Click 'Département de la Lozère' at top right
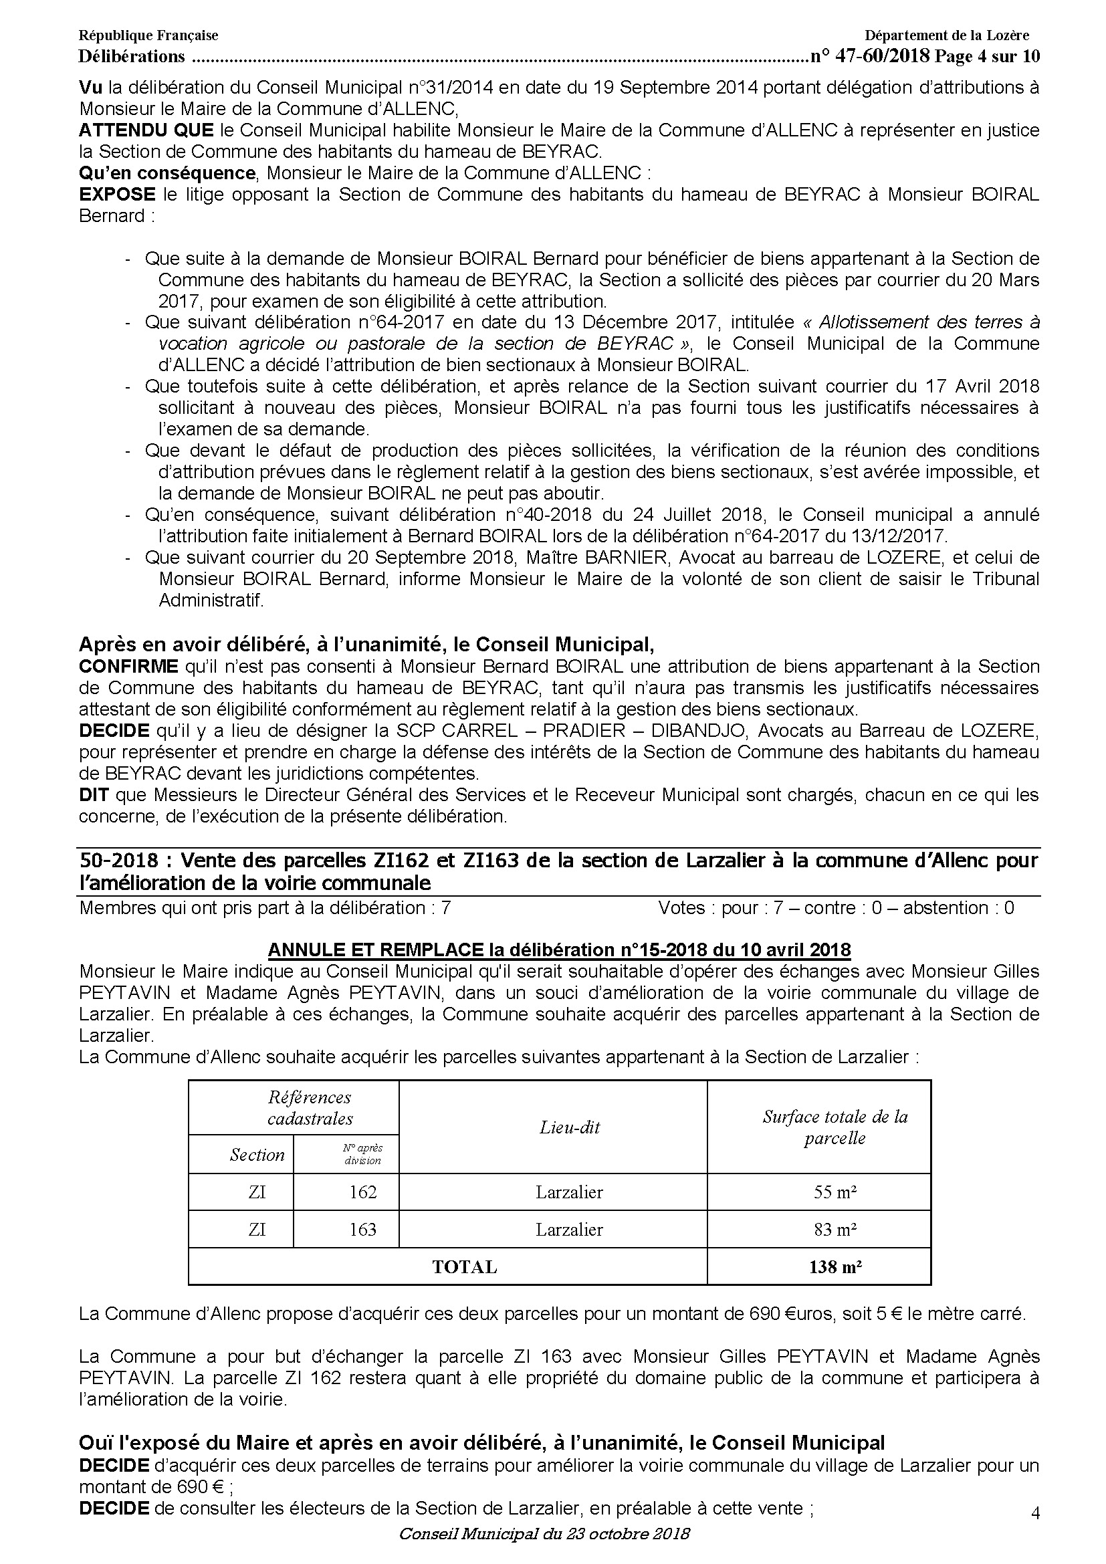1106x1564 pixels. pyautogui.click(x=947, y=35)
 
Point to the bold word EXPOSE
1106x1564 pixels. pyautogui.click(x=117, y=195)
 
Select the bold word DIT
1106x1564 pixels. pyautogui.click(x=94, y=794)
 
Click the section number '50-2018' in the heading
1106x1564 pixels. pyautogui.click(x=118, y=861)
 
